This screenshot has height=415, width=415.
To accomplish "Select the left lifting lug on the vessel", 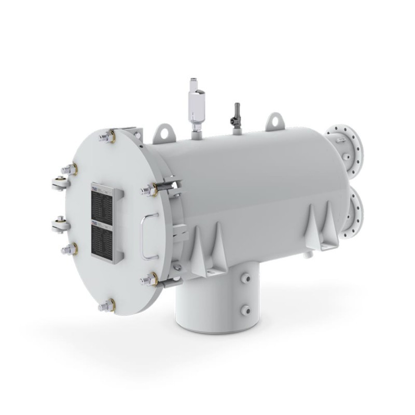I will click(164, 132).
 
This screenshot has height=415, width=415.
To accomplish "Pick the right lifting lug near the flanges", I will click(274, 121).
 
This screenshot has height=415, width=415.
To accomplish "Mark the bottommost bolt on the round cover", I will click(107, 305).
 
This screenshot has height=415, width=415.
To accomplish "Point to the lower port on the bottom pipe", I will click(245, 310).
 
